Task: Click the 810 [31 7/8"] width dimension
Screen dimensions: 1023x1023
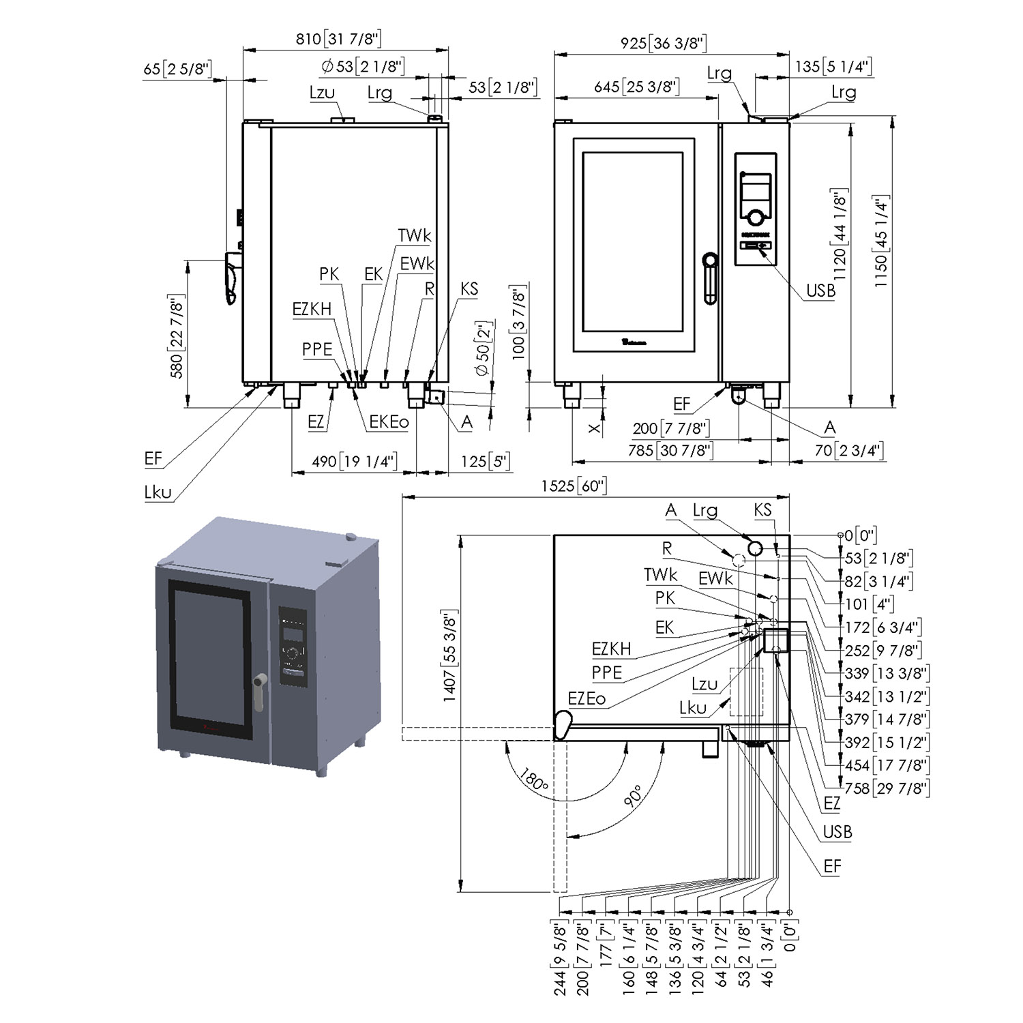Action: point(338,39)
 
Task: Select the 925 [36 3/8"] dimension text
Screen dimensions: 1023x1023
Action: point(663,43)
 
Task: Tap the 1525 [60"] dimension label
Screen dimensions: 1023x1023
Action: point(574,486)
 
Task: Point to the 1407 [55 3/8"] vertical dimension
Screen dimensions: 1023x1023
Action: point(450,655)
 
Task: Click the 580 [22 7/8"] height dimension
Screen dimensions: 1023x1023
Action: point(177,336)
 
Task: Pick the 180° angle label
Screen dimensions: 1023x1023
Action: point(533,780)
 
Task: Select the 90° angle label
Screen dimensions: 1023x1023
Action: point(634,796)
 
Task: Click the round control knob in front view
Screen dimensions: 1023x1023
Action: point(755,218)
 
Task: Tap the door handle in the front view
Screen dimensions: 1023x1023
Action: point(711,276)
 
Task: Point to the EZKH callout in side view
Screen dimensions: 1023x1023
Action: point(312,309)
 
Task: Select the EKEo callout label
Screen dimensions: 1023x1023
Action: point(389,422)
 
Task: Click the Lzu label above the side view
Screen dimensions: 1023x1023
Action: point(322,92)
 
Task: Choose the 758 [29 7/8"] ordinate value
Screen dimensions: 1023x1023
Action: point(886,788)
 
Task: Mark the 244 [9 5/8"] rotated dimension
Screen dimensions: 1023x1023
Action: point(561,959)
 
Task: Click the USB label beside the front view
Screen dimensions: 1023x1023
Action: point(820,291)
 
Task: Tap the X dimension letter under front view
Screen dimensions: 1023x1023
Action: point(595,428)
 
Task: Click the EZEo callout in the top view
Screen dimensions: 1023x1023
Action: point(587,698)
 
